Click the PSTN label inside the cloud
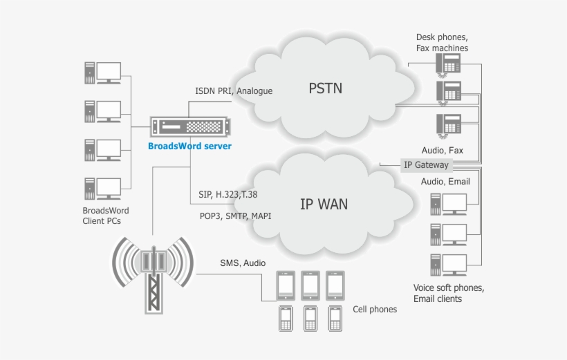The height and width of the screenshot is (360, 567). [x=325, y=88]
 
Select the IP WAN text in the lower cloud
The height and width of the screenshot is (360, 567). [x=324, y=204]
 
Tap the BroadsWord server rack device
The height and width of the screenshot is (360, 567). [x=189, y=127]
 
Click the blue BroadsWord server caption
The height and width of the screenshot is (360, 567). [x=189, y=146]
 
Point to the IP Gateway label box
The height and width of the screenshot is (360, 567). [x=426, y=164]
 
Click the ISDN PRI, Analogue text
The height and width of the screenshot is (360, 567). [x=234, y=91]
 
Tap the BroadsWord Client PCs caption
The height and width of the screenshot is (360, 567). [x=106, y=216]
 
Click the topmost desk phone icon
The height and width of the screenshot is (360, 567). [x=448, y=64]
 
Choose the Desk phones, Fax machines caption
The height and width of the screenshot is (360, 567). [x=442, y=42]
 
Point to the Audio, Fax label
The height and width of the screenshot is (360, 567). [x=442, y=150]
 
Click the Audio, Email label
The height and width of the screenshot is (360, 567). [x=445, y=181]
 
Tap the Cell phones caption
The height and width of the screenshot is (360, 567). [x=375, y=309]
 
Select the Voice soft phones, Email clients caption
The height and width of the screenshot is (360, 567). [x=448, y=293]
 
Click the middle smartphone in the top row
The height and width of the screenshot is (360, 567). [x=310, y=283]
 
